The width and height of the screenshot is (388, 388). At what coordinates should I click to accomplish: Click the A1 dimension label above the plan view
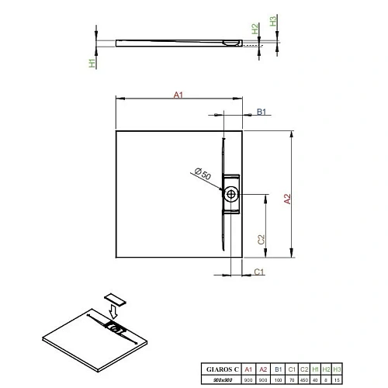coord(177,95)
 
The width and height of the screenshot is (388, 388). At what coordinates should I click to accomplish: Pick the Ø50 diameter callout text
coord(203,174)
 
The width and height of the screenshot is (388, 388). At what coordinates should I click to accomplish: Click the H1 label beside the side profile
coord(92,61)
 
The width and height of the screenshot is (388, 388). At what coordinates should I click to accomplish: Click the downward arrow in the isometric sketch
coord(114,312)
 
